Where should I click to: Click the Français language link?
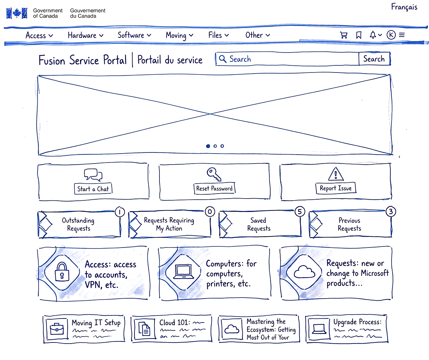pyautogui.click(x=404, y=7)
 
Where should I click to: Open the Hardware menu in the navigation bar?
pyautogui.click(x=85, y=35)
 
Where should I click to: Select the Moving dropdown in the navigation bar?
pyautogui.click(x=179, y=35)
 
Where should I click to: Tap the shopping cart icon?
pyautogui.click(x=344, y=35)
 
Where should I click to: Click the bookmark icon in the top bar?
pyautogui.click(x=359, y=35)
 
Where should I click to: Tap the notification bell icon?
pyautogui.click(x=373, y=35)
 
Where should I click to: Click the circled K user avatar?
pyautogui.click(x=391, y=35)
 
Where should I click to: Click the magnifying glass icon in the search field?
pyautogui.click(x=223, y=59)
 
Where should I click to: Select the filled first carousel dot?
pyautogui.click(x=208, y=146)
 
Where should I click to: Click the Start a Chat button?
pyautogui.click(x=93, y=189)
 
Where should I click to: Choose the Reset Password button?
pyautogui.click(x=214, y=189)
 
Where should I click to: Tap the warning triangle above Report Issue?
pyautogui.click(x=335, y=174)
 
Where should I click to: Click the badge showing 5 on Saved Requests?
pyautogui.click(x=300, y=212)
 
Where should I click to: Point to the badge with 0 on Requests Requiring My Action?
pyautogui.click(x=209, y=212)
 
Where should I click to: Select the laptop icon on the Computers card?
pyautogui.click(x=183, y=272)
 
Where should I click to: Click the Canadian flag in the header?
pyautogui.click(x=17, y=13)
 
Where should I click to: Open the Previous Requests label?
pyautogui.click(x=349, y=225)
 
